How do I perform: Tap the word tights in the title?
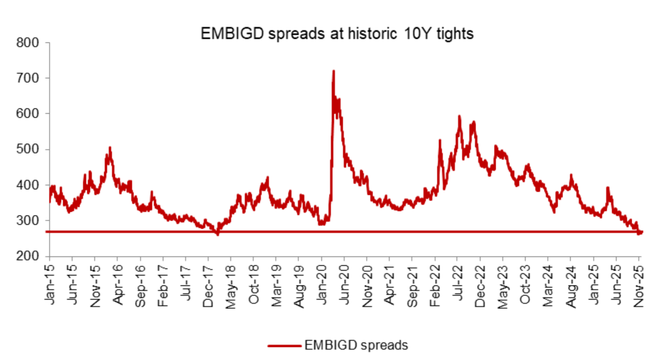pos(454,34)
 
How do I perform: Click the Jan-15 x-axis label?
pos(50,283)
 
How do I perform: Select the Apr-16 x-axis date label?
pos(118,283)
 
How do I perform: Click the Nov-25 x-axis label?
pos(637,283)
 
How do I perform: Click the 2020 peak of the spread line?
pos(333,71)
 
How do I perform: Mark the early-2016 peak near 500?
pos(110,148)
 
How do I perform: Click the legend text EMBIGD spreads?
pos(355,345)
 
